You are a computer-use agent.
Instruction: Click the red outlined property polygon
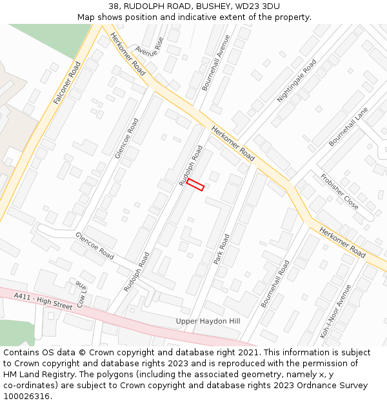click(195, 184)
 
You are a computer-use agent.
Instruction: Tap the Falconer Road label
click(66, 83)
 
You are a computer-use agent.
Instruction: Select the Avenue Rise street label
click(149, 46)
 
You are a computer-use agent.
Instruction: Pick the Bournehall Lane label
click(348, 126)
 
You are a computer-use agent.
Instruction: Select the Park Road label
click(221, 250)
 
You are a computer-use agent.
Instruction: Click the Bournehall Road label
click(275, 284)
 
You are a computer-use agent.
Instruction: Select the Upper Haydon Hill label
click(208, 321)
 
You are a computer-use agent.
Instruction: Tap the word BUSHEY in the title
click(209, 6)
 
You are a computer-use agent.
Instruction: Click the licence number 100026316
click(28, 397)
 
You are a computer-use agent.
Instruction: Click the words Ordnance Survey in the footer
click(335, 386)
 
